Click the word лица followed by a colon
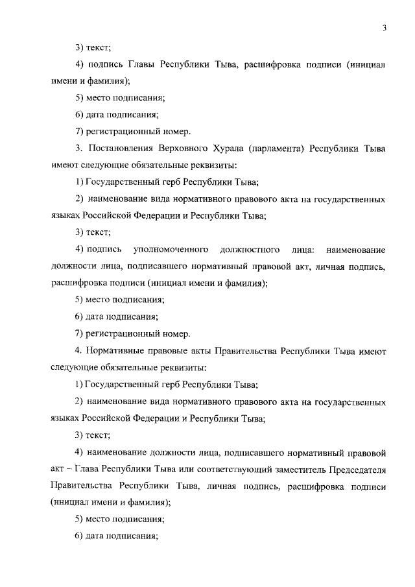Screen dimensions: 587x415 tap(305, 250)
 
